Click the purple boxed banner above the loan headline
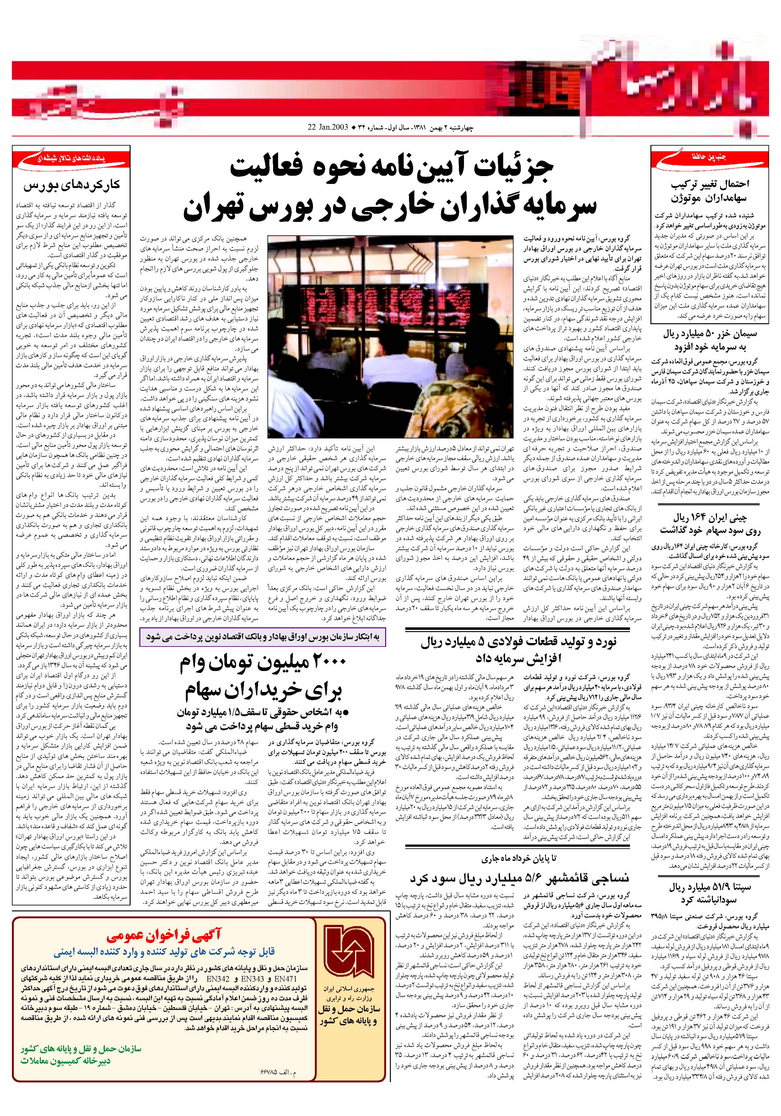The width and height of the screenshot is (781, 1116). coord(263,637)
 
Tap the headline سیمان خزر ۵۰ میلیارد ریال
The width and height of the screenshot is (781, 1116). coord(710,334)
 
